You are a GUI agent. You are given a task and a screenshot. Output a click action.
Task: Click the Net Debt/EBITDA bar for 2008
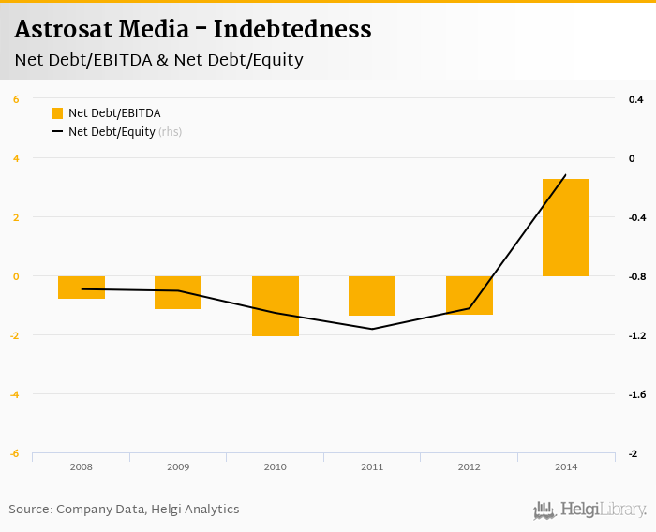[82, 288]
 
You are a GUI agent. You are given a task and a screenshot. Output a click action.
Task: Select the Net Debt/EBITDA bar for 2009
[178, 292]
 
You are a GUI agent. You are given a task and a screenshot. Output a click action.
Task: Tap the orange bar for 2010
[276, 305]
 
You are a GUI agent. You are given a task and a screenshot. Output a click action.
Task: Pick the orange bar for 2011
[372, 296]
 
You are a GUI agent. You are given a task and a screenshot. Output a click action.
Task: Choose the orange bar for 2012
[470, 295]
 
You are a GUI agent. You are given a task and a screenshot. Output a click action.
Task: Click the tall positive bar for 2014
[566, 228]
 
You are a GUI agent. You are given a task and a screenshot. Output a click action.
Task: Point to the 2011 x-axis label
[372, 466]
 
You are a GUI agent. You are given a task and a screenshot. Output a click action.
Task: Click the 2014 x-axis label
[566, 466]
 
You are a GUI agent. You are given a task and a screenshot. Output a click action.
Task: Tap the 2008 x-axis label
[82, 466]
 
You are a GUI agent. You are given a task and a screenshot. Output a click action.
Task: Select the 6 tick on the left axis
[16, 99]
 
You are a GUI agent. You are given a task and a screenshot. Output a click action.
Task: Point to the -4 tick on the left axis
[15, 394]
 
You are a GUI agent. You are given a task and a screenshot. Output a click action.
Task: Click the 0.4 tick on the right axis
[635, 99]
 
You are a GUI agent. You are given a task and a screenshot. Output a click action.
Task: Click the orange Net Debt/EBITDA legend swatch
[57, 113]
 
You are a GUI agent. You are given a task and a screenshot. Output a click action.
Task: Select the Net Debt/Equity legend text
[112, 132]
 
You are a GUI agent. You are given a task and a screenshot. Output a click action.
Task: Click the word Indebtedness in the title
[292, 30]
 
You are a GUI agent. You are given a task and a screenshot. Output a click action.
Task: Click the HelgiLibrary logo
[590, 510]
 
